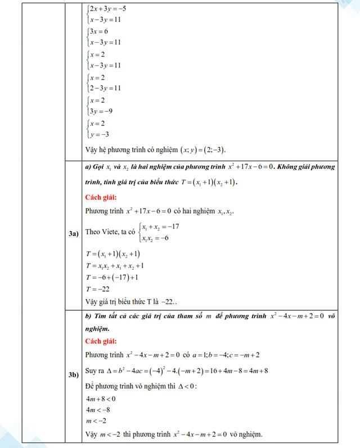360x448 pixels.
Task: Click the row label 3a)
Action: tap(73, 233)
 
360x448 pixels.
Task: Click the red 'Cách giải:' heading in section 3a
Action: tap(101, 197)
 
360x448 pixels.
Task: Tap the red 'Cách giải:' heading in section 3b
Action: tap(101, 341)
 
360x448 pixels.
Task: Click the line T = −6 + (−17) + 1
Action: tap(112, 277)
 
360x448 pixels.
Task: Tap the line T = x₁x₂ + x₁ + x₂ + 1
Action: tap(115, 265)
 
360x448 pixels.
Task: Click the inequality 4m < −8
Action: tap(98, 410)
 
